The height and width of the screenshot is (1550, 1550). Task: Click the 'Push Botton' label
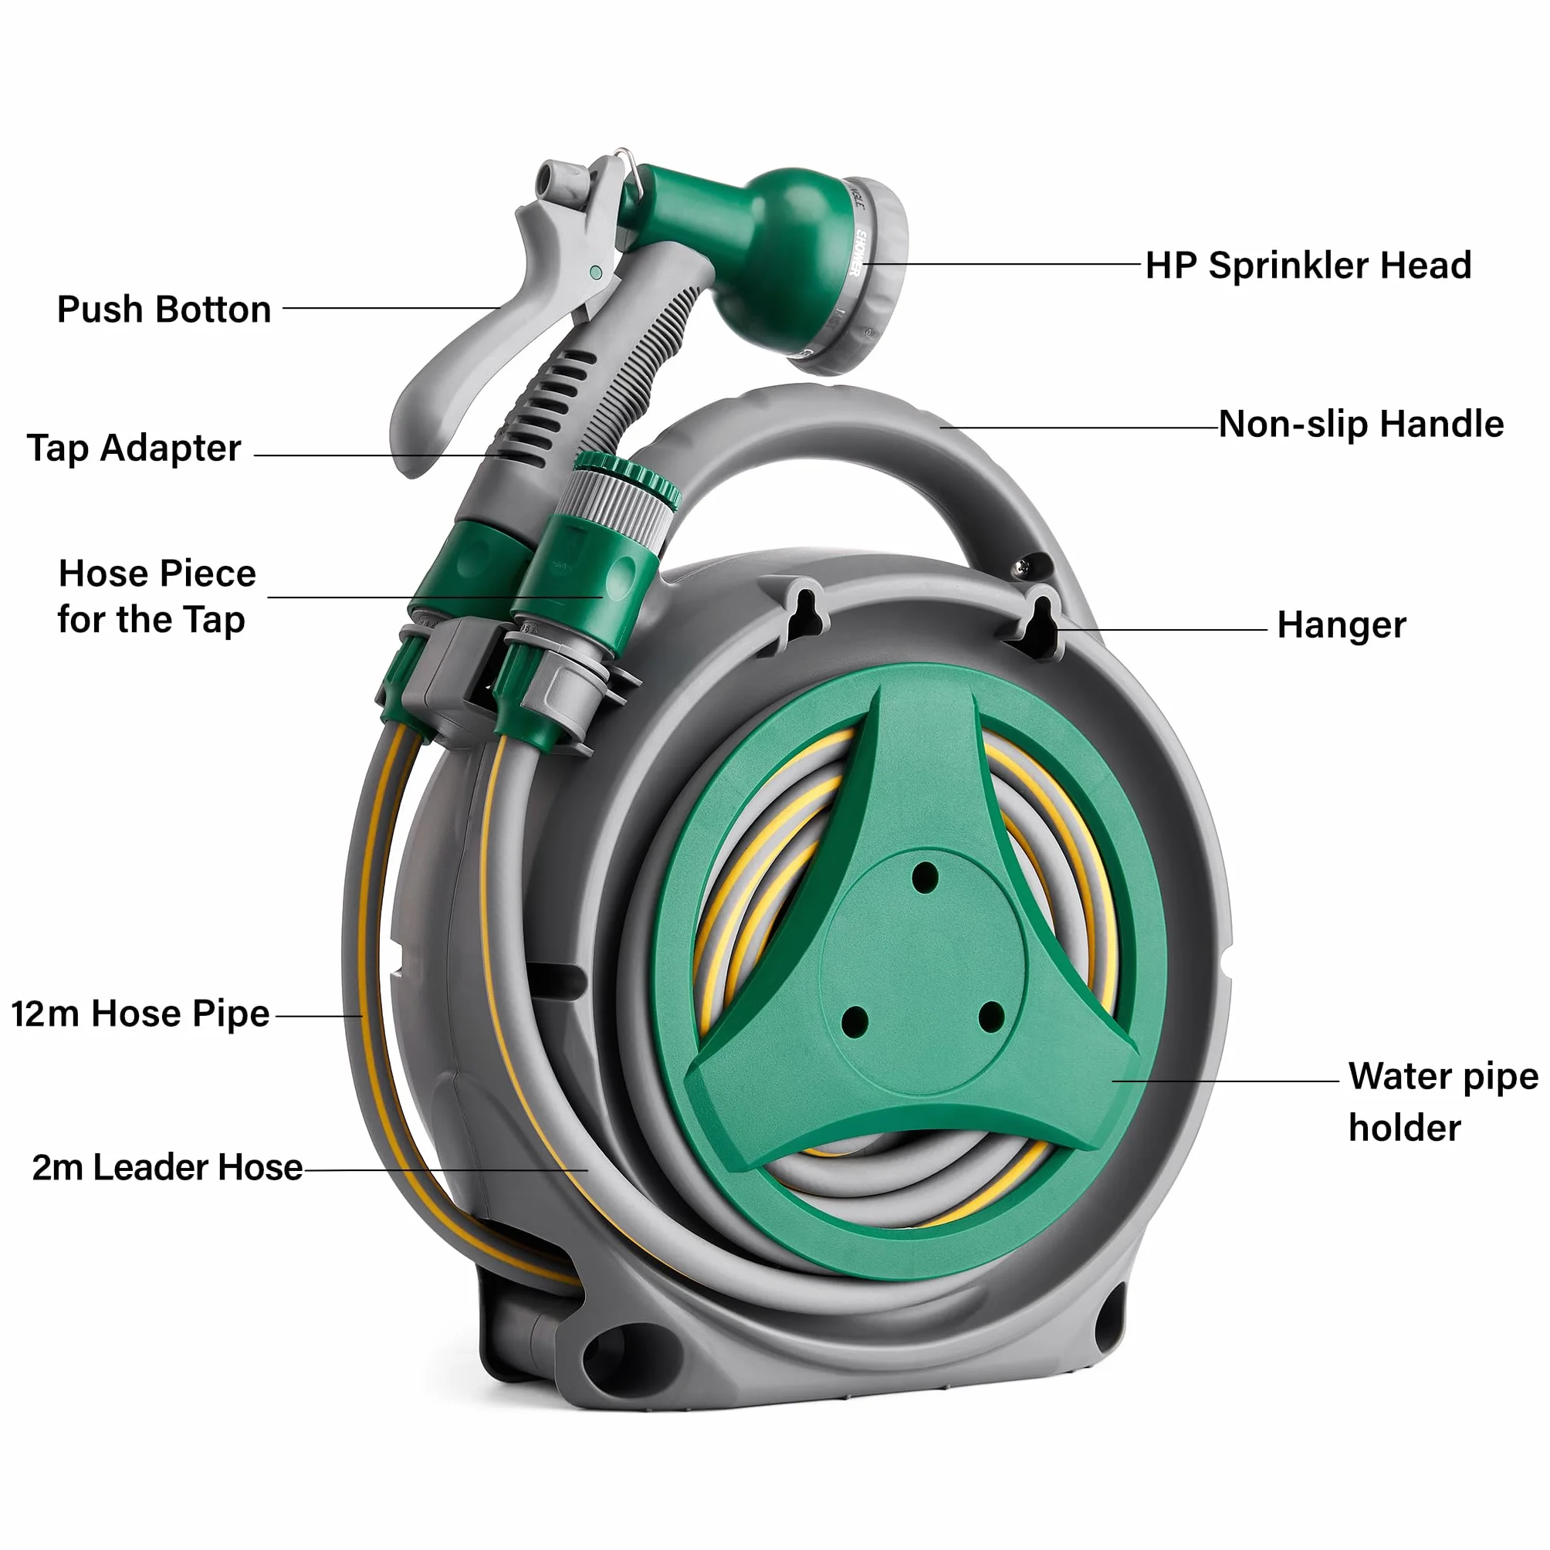[x=164, y=310]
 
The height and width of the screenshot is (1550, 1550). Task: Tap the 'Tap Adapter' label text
[x=134, y=448]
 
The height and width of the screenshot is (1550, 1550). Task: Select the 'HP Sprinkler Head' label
[x=1308, y=266]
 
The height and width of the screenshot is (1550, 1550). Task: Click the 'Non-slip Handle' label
[x=1361, y=424]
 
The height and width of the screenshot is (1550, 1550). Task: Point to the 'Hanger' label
[x=1342, y=626]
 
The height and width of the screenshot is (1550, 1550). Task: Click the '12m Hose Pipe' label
[x=140, y=1014]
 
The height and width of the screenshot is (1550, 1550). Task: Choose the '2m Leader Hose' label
[x=167, y=1168]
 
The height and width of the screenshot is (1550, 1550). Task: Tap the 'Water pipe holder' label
[x=1443, y=1102]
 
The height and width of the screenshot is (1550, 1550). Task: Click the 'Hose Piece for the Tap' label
[x=157, y=597]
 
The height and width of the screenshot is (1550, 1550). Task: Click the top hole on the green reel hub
[x=925, y=878]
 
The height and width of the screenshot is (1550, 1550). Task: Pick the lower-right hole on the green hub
[x=992, y=1017]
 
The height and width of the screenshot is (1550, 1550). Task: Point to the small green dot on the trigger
[x=596, y=273]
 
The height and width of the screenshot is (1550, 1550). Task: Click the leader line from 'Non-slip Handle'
[x=1080, y=428]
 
